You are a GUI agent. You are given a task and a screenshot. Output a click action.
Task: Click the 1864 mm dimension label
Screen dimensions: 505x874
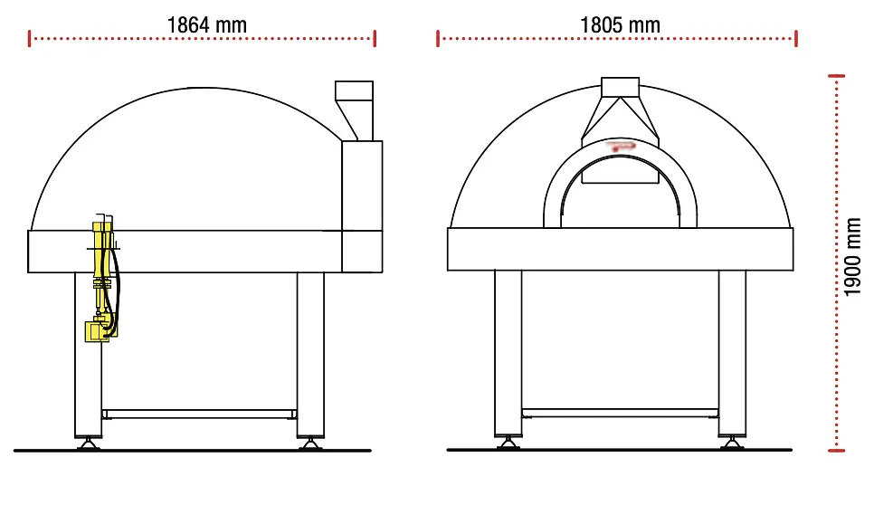[206, 25]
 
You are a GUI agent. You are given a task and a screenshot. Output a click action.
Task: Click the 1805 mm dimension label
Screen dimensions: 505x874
[620, 25]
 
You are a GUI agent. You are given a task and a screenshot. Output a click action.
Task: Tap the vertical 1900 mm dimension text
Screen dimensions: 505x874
[853, 256]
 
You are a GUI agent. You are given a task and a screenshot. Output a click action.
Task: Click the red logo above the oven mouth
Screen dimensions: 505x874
[622, 144]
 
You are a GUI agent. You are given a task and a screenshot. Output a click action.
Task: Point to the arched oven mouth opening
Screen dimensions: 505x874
[620, 195]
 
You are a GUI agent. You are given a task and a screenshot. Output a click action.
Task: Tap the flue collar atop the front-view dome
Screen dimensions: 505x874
[620, 88]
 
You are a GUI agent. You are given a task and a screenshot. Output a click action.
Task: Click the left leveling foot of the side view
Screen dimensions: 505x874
[88, 443]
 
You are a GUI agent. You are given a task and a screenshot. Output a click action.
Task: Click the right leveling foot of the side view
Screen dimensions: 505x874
[310, 443]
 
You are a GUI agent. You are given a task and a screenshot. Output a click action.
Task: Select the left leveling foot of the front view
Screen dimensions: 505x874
[508, 443]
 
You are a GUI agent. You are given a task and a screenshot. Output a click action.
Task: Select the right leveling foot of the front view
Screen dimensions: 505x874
[732, 443]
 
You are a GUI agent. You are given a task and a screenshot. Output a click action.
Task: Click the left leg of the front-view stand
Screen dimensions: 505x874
[508, 353]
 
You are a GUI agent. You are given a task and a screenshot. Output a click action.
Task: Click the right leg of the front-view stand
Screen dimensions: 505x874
[732, 353]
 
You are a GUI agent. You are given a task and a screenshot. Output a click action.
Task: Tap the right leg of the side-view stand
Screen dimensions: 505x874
[310, 353]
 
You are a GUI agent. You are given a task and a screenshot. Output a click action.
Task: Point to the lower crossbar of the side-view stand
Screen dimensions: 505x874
[199, 414]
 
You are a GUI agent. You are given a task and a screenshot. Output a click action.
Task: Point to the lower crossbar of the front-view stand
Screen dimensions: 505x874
[620, 413]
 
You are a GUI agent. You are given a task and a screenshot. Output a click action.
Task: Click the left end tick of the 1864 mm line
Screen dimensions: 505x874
[30, 38]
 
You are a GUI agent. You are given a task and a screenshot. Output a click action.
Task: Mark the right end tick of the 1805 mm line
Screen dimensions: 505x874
[796, 38]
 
